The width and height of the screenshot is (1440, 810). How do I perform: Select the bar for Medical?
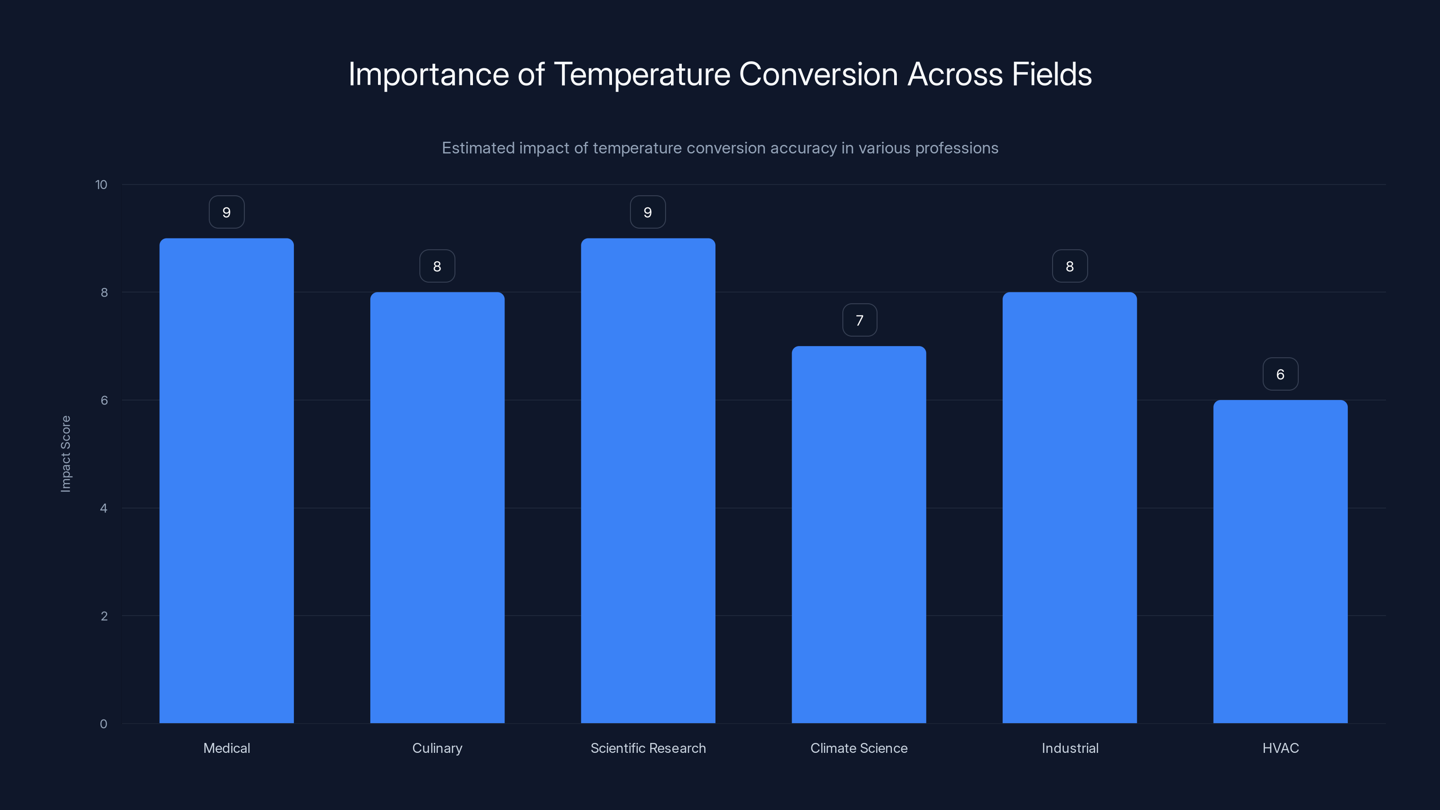pyautogui.click(x=226, y=481)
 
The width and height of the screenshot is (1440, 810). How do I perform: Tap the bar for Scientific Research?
pyautogui.click(x=648, y=481)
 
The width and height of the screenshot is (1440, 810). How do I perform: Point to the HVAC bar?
pyautogui.click(x=1280, y=561)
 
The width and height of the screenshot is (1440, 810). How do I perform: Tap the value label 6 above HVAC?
pyautogui.click(x=1280, y=374)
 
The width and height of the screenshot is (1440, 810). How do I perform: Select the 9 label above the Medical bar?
pyautogui.click(x=226, y=212)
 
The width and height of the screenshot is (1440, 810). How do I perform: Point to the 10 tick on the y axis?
pyautogui.click(x=101, y=184)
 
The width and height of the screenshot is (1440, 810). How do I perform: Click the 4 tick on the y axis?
pyautogui.click(x=103, y=508)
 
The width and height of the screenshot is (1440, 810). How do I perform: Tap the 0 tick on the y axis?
pyautogui.click(x=103, y=724)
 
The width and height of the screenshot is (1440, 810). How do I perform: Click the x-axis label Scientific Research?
pyautogui.click(x=648, y=748)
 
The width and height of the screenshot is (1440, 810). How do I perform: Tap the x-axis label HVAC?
pyautogui.click(x=1280, y=748)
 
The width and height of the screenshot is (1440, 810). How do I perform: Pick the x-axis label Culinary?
pyautogui.click(x=437, y=748)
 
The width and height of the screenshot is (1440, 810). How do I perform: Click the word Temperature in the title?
pyautogui.click(x=642, y=74)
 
